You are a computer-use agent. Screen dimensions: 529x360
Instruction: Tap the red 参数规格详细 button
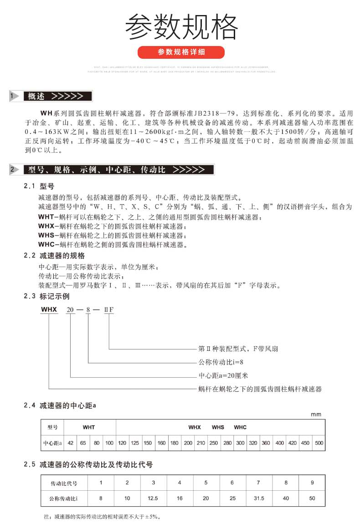click(x=181, y=52)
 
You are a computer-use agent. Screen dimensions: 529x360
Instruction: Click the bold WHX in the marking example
click(x=49, y=309)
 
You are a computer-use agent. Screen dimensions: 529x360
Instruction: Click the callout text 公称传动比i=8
click(x=217, y=362)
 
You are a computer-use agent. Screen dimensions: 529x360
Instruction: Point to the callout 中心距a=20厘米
click(x=223, y=376)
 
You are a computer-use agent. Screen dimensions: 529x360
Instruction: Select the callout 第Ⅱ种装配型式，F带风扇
click(x=238, y=349)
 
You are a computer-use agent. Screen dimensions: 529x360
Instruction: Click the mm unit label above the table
click(x=316, y=414)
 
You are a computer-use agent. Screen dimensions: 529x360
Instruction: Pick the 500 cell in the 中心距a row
click(x=319, y=442)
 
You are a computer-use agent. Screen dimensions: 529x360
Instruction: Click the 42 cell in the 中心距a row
click(x=71, y=442)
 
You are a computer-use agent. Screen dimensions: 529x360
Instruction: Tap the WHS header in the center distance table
click(x=218, y=427)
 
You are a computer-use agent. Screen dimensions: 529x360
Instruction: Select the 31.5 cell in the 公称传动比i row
click(x=259, y=498)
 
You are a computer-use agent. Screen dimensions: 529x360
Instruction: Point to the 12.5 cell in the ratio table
click(x=154, y=498)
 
